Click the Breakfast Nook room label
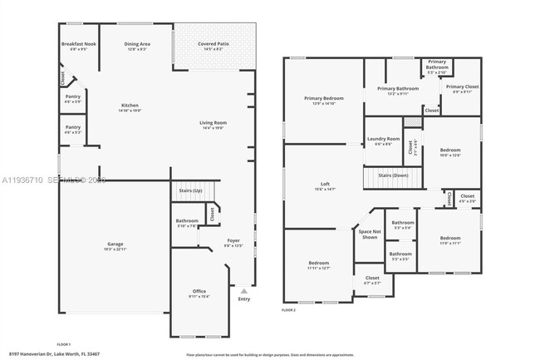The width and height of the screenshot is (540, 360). (80, 46)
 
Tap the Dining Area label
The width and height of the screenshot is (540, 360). (137, 46)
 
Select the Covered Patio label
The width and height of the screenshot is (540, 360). (214, 46)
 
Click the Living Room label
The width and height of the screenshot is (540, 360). (214, 125)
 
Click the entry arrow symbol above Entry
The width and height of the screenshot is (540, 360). (243, 292)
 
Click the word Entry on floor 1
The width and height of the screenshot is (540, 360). (243, 300)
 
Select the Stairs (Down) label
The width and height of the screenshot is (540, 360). (393, 175)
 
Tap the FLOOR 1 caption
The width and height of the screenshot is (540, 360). (64, 343)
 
